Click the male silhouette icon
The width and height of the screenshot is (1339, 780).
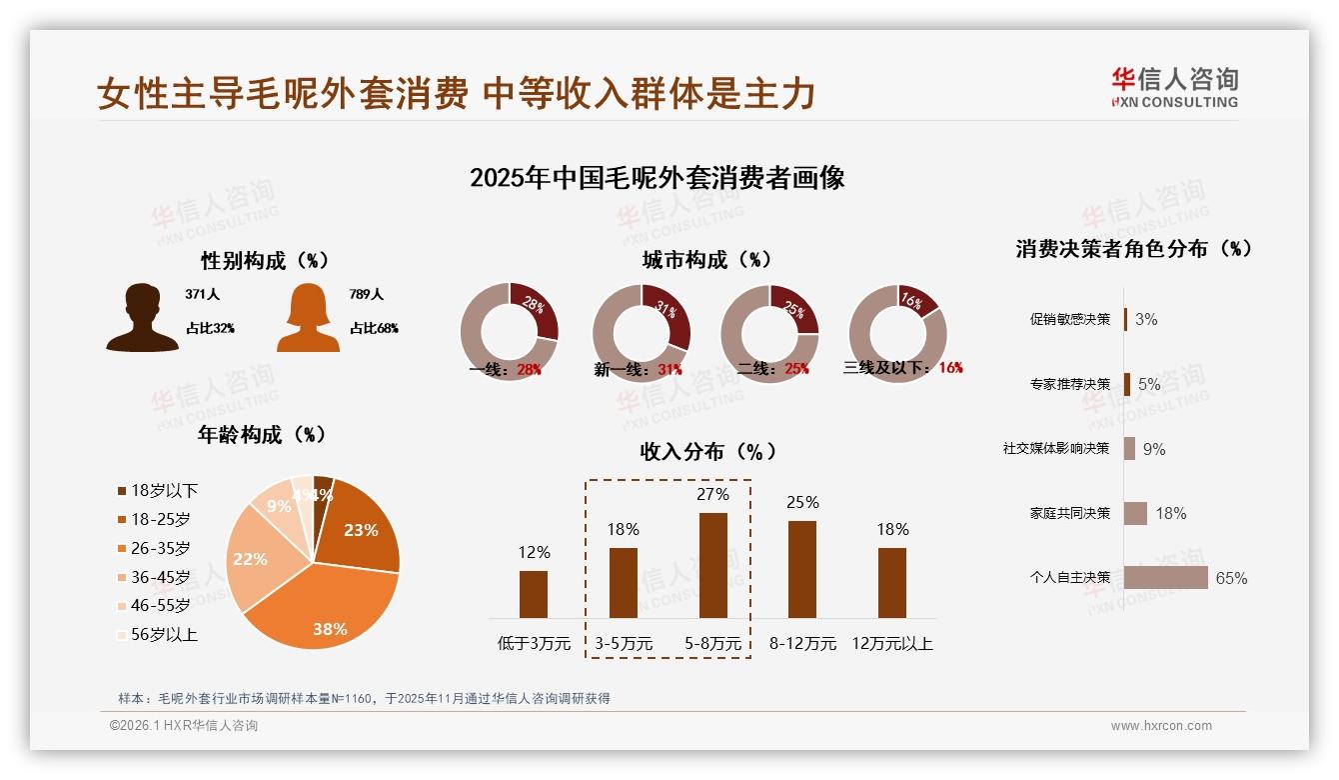coord(143,317)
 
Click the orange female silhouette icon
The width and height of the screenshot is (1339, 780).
coord(308,317)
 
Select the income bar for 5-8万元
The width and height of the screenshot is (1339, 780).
coord(713,565)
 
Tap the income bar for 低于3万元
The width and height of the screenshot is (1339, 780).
coord(534,594)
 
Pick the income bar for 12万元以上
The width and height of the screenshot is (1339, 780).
coord(892,582)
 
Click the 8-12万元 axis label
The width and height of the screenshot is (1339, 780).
coord(802,644)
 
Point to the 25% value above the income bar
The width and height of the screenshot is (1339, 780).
coord(802,502)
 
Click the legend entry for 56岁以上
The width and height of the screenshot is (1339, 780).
coord(158,634)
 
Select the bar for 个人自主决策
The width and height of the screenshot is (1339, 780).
coord(1165,577)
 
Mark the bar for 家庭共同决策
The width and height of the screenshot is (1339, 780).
coord(1135,513)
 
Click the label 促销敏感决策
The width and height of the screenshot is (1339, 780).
coord(1069,320)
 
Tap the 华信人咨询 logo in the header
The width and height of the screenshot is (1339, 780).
coord(1174,88)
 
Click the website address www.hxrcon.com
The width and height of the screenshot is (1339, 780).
coord(1161,726)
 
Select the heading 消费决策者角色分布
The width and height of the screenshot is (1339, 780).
coord(1133,249)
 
